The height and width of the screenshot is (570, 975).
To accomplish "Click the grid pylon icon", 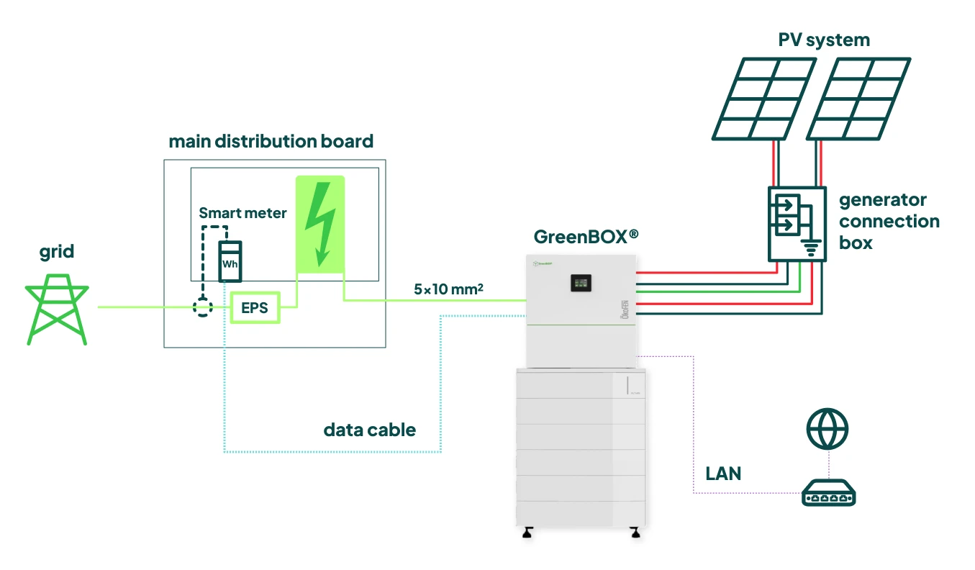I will click(57, 309).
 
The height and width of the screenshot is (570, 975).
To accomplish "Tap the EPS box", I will click(255, 308).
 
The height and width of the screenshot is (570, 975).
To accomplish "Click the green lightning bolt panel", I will click(320, 224).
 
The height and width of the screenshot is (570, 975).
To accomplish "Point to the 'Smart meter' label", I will click(242, 213).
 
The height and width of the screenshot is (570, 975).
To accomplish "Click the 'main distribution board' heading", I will click(271, 141).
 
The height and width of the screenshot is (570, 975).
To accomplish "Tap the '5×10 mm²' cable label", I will click(448, 289).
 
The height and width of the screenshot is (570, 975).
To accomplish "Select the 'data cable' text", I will click(370, 430).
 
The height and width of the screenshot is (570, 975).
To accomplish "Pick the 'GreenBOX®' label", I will click(586, 236).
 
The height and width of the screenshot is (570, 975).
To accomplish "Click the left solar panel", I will click(763, 98).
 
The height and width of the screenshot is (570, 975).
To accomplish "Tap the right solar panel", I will click(858, 98).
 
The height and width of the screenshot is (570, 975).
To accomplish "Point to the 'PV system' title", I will click(824, 40).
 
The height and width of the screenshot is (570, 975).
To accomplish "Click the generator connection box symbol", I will click(795, 223).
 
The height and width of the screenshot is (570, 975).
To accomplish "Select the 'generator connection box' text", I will click(889, 221).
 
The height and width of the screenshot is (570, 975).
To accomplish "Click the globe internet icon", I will click(827, 429).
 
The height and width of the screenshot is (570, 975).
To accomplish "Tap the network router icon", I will click(828, 494).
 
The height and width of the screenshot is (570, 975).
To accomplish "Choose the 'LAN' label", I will click(723, 474).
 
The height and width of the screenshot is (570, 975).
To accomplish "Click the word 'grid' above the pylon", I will click(57, 253).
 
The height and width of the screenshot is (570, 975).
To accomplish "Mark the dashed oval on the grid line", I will click(204, 308).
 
